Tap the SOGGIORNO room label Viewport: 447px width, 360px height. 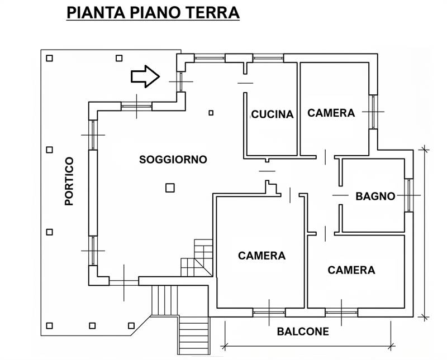[173, 160]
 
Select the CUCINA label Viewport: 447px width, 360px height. [272, 114]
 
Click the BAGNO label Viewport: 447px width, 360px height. [375, 196]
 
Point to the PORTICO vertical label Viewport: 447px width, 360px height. [69, 181]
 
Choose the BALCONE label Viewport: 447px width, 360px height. [303, 332]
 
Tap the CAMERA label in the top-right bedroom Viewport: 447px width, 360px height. [331, 113]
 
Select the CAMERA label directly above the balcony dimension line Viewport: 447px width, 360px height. [351, 270]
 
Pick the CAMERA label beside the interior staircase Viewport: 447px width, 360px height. [261, 256]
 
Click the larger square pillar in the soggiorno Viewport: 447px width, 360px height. [170, 188]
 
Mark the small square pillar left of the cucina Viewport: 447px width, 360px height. [211, 113]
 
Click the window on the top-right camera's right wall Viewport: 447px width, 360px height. [373, 112]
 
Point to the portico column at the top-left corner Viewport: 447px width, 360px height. [50, 57]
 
